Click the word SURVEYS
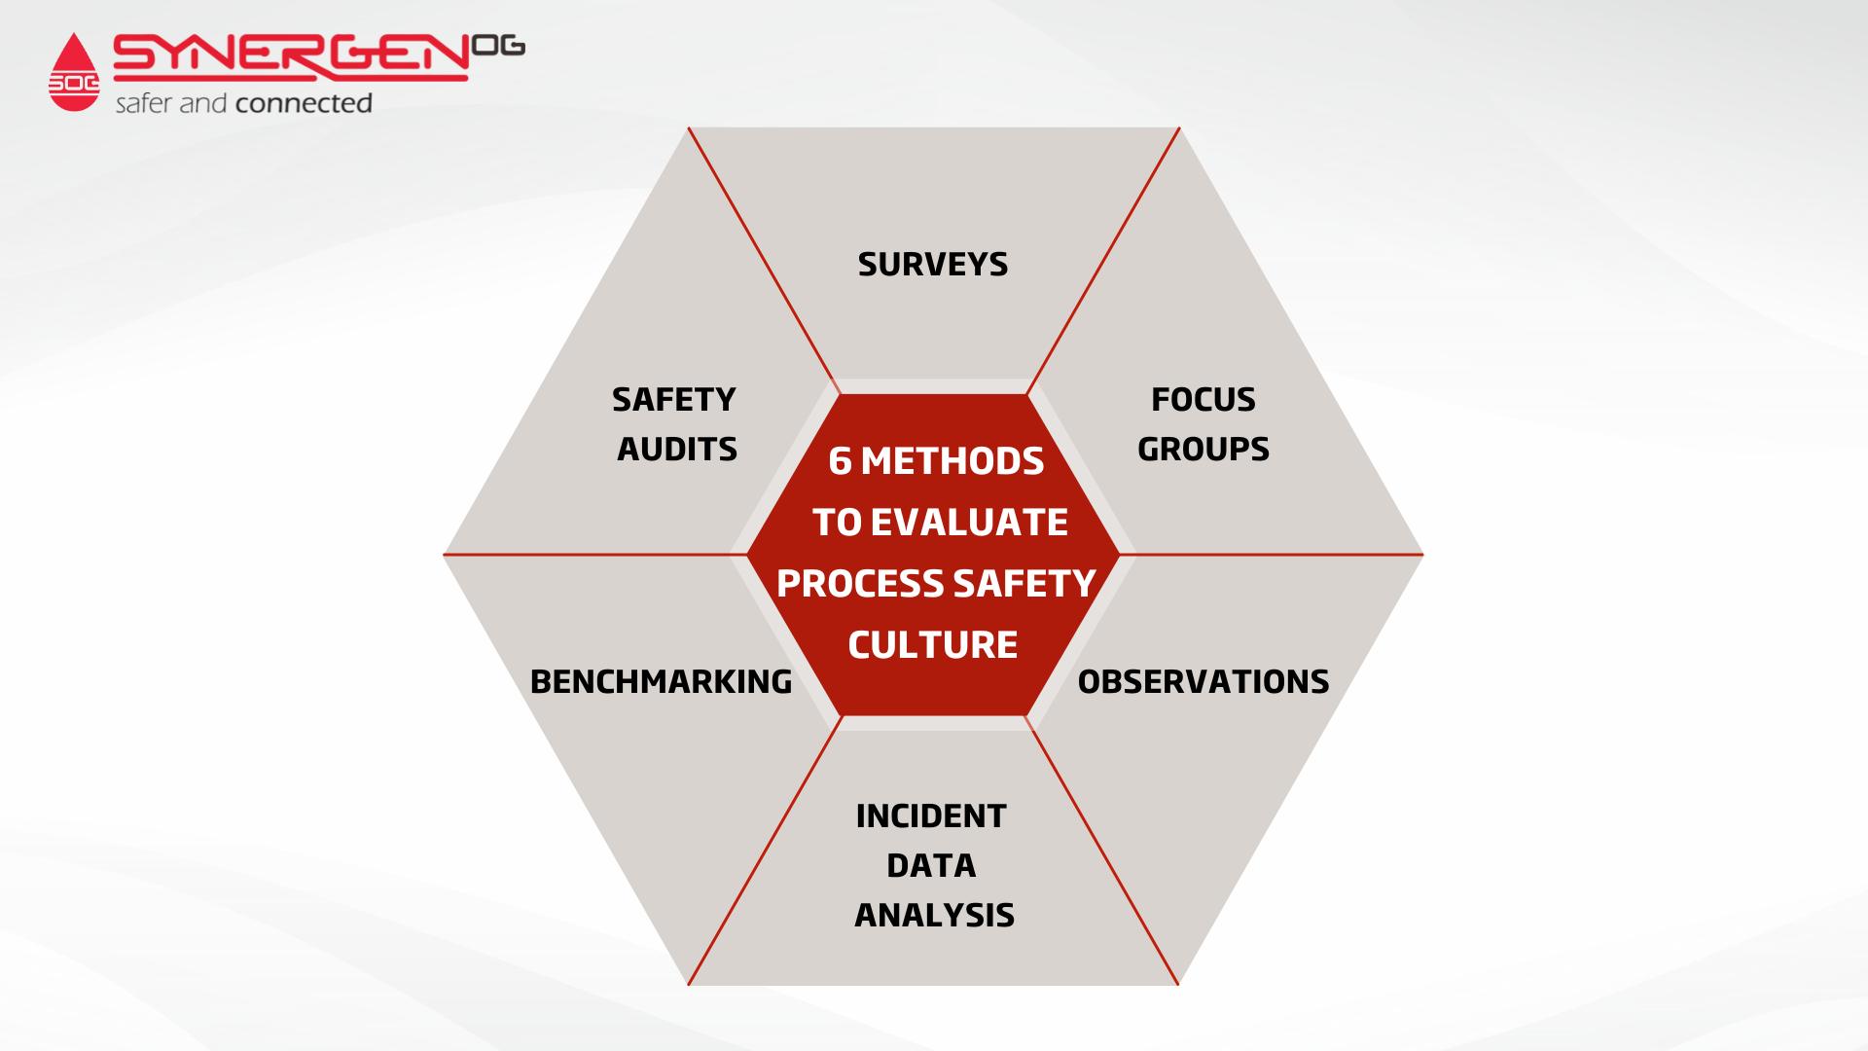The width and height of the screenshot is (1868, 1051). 933,265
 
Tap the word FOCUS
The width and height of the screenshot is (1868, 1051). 1203,399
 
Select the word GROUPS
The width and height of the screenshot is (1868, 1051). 1203,449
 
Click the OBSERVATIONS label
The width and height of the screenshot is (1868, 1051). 1203,681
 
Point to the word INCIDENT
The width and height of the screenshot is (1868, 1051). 931,815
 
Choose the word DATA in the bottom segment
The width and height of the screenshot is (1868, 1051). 931,865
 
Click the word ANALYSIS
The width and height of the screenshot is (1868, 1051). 934,915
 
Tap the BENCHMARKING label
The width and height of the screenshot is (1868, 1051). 661,681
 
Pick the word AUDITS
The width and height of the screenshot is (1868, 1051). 677,449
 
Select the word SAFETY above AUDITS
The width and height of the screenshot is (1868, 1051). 674,399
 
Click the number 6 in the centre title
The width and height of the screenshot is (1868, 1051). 840,461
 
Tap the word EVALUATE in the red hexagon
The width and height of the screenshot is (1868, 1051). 969,523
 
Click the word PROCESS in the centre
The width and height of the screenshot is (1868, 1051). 860,584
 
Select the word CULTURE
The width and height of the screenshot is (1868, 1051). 933,645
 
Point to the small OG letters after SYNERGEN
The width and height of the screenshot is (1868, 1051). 498,46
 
